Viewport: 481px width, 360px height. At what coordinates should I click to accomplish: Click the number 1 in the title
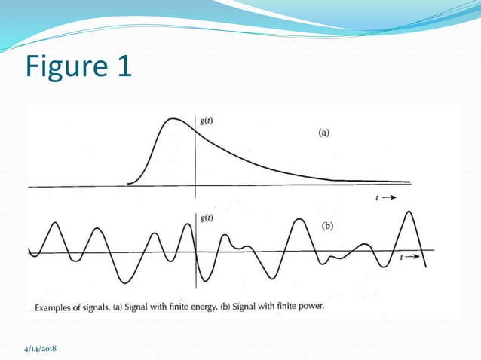click(x=121, y=66)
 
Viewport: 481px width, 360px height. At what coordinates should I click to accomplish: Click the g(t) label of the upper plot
click(x=207, y=121)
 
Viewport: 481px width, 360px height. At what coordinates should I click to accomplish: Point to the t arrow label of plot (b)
click(x=410, y=257)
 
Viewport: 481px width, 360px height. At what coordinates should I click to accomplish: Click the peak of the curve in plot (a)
click(x=173, y=118)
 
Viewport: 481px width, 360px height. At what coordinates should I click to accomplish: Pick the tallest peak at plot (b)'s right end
click(x=409, y=212)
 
